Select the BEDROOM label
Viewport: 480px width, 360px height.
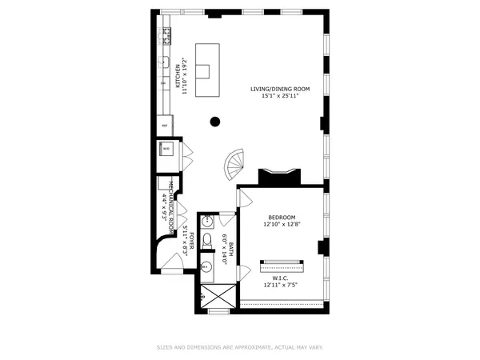point(282,218)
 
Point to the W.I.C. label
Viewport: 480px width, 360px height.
point(280,278)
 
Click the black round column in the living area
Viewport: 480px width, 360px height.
point(215,122)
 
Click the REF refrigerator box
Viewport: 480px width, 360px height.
point(166,126)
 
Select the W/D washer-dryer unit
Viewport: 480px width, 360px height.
point(166,149)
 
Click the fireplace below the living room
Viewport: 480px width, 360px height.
point(279,177)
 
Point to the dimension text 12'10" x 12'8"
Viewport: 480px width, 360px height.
point(282,226)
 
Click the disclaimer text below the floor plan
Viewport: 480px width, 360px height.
point(240,347)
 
